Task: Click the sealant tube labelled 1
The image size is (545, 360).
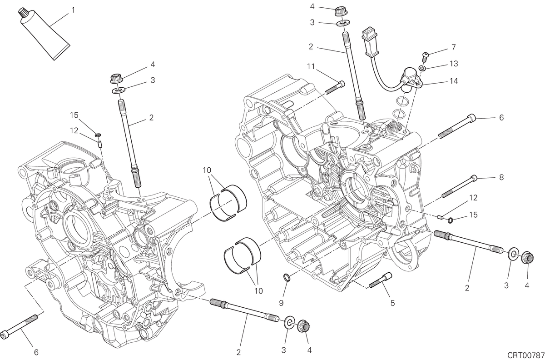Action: click(x=44, y=34)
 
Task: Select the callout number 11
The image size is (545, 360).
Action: click(x=311, y=66)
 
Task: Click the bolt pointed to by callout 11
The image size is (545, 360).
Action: click(x=335, y=88)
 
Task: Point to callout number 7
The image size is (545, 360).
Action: click(x=454, y=47)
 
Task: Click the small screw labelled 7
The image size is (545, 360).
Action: click(x=425, y=57)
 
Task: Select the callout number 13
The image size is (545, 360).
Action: click(x=454, y=64)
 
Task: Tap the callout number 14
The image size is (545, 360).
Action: click(x=454, y=81)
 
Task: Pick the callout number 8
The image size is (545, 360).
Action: click(x=501, y=177)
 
